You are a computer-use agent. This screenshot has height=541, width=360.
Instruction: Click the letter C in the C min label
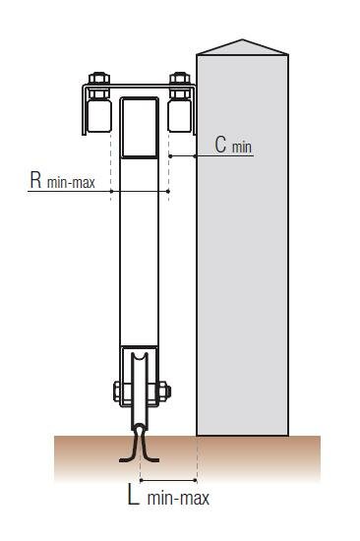click(x=220, y=145)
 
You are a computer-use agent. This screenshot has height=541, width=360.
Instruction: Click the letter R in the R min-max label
click(x=35, y=179)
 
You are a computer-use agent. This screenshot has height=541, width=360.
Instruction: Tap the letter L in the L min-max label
click(x=134, y=495)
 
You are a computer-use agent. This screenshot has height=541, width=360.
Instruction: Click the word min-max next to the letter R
click(x=71, y=183)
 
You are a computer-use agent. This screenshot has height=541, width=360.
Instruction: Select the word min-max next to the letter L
click(x=178, y=499)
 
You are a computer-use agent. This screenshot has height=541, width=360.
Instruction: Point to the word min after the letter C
click(x=242, y=148)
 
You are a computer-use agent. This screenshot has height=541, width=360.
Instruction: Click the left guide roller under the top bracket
click(x=99, y=116)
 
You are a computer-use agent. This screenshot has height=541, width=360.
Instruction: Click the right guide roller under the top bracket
click(x=179, y=116)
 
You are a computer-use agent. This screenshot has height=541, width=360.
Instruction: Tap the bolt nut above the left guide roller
click(x=99, y=79)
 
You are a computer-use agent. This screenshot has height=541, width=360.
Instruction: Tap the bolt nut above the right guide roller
click(x=180, y=79)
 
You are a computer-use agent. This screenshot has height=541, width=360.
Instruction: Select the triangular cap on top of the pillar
click(x=242, y=47)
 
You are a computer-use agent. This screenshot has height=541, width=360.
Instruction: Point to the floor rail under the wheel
click(x=139, y=447)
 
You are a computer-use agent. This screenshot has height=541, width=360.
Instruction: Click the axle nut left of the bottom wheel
click(x=118, y=391)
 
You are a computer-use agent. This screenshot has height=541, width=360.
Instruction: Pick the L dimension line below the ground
click(x=168, y=480)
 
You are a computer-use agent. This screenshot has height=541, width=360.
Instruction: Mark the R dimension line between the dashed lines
click(x=140, y=191)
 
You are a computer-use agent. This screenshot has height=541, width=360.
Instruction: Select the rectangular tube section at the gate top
click(x=140, y=128)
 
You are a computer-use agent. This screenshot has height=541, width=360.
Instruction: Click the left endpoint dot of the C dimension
click(x=170, y=156)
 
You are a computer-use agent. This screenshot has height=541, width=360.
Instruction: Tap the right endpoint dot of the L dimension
click(x=196, y=480)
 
